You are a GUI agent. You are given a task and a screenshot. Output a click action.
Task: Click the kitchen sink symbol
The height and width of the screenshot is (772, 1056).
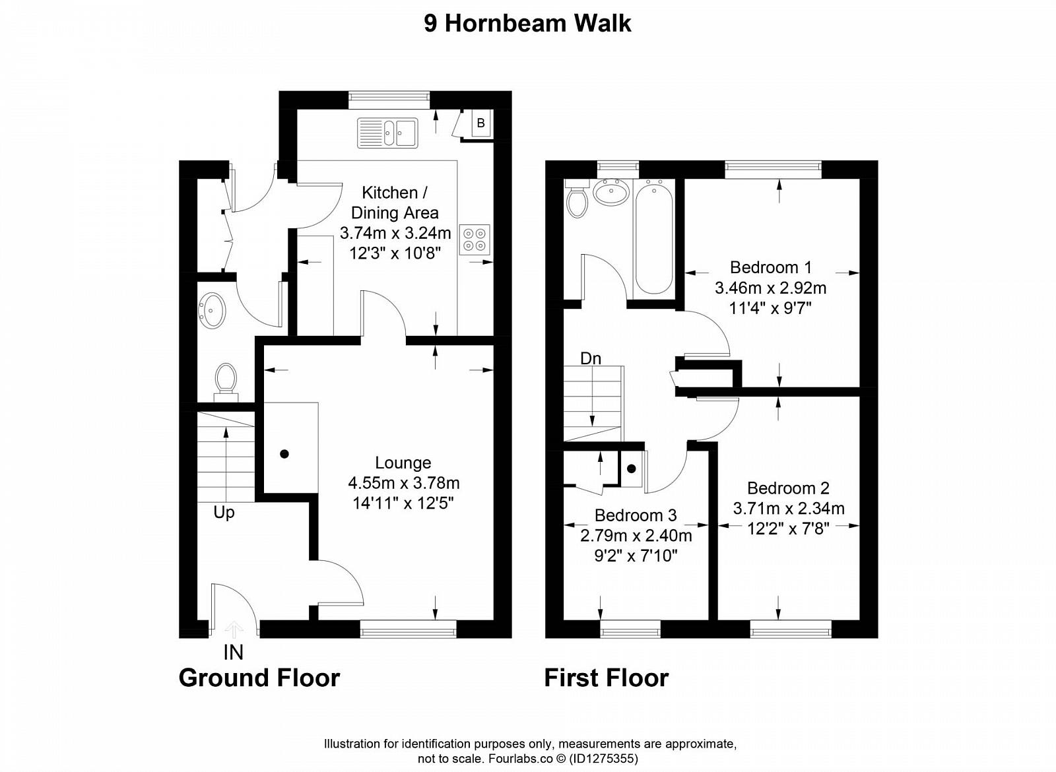tap(387, 133)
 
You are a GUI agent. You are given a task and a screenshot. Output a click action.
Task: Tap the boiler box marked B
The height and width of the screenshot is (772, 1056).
tap(481, 123)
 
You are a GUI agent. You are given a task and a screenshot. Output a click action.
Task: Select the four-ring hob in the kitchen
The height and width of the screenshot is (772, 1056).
tap(475, 240)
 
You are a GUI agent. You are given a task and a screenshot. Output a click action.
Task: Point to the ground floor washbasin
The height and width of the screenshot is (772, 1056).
tap(213, 310)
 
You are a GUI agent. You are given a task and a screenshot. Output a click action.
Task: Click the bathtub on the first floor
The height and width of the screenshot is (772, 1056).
tap(653, 240)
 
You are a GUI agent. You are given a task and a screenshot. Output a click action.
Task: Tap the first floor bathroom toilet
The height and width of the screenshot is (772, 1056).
tap(577, 199)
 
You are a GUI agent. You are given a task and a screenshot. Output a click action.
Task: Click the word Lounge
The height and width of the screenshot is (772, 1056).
tap(403, 463)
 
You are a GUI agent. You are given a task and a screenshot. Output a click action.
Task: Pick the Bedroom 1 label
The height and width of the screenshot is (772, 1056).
tap(771, 267)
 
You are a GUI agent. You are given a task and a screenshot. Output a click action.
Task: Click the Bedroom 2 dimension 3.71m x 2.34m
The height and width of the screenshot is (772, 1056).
tap(789, 508)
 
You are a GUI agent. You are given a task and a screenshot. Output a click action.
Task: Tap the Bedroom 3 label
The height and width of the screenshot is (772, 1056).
tap(636, 515)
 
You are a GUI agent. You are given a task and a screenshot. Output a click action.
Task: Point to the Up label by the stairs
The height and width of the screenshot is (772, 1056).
tap(224, 512)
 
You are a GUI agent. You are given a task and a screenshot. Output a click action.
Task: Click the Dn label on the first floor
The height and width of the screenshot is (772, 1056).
tap(591, 359)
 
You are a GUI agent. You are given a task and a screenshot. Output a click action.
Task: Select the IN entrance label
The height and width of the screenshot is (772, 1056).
tap(234, 653)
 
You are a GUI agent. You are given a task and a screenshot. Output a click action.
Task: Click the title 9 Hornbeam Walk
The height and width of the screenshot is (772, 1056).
tap(527, 24)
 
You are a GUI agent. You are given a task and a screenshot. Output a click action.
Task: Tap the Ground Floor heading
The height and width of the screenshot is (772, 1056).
tap(259, 678)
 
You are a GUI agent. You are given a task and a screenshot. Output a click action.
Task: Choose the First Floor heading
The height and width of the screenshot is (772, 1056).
tap(607, 678)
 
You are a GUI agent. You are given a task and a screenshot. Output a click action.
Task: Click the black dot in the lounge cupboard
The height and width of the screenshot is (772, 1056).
tap(284, 454)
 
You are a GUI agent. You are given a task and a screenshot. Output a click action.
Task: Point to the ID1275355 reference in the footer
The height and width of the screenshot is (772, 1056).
tap(605, 759)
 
